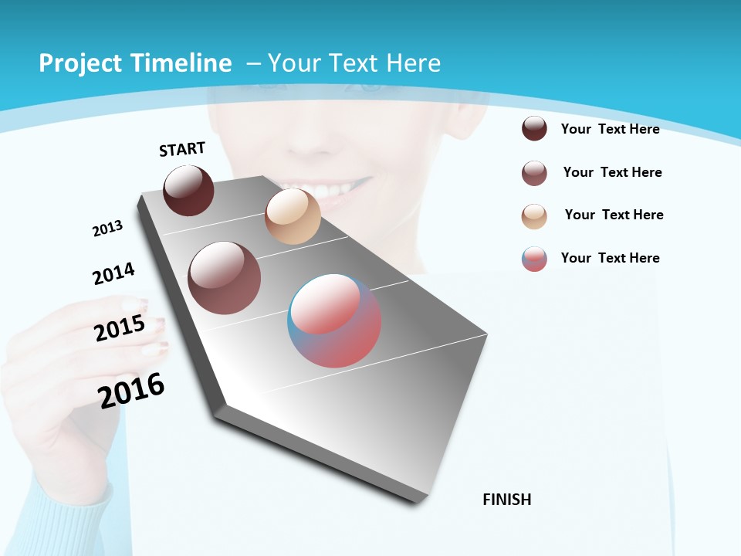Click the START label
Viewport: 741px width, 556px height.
tap(182, 149)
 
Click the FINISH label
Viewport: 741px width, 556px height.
tap(507, 500)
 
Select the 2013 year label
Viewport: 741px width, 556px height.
tap(107, 229)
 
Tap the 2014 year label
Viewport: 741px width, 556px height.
tap(114, 273)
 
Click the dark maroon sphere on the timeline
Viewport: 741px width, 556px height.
tap(188, 191)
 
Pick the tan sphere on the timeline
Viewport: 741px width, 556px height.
tap(293, 216)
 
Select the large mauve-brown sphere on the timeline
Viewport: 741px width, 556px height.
tap(225, 278)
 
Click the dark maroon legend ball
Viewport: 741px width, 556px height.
tap(534, 128)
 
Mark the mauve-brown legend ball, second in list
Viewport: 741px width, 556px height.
tap(534, 172)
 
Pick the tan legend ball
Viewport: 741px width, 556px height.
tap(534, 215)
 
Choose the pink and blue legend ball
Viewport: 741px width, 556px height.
tap(534, 259)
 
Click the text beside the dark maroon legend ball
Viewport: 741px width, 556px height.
tap(610, 129)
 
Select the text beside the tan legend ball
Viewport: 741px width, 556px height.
tap(614, 215)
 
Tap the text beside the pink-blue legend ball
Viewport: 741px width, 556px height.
tap(610, 258)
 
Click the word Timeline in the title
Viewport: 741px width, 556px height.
tap(182, 63)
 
